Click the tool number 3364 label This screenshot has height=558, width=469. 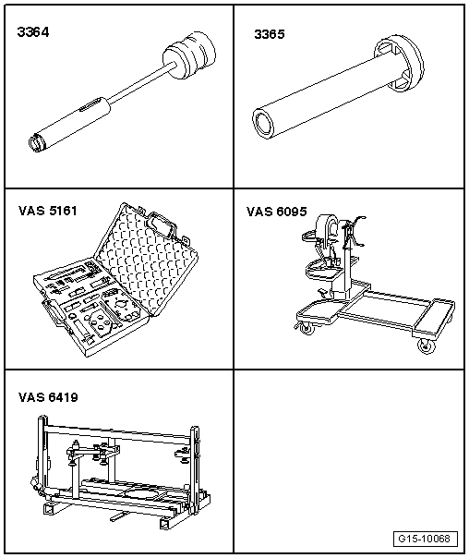point(33,32)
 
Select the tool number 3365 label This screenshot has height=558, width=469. point(270,34)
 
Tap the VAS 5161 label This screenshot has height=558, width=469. point(48,211)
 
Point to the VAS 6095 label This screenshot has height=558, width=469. point(277,212)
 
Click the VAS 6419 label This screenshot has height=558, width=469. point(48,397)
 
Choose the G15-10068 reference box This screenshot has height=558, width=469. point(426,539)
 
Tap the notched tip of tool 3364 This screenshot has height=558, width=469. point(35,142)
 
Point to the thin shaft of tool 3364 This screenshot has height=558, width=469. point(141,83)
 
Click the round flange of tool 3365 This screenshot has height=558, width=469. point(399,65)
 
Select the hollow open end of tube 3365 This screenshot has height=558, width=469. point(263,124)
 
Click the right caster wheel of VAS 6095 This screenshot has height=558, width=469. point(426,346)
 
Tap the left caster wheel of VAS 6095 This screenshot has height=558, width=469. point(306,328)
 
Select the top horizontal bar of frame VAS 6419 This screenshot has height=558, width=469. point(117,431)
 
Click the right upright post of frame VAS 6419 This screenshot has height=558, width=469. point(195,469)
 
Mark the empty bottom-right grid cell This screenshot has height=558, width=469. point(349,460)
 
